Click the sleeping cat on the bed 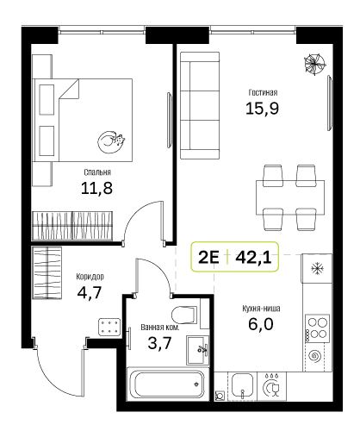[111, 142]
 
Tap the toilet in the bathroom [184, 315]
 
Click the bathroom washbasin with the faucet [197, 350]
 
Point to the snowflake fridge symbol [317, 269]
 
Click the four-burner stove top [317, 328]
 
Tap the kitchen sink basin [242, 385]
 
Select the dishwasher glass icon [271, 386]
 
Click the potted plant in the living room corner [315, 64]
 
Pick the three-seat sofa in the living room [200, 105]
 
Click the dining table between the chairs [290, 197]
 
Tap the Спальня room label [97, 172]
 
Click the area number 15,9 [262, 109]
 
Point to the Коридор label [90, 277]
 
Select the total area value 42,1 [253, 258]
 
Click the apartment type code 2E [208, 258]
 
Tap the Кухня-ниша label [261, 309]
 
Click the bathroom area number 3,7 [159, 343]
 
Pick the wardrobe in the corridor [47, 272]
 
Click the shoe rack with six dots [109, 327]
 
